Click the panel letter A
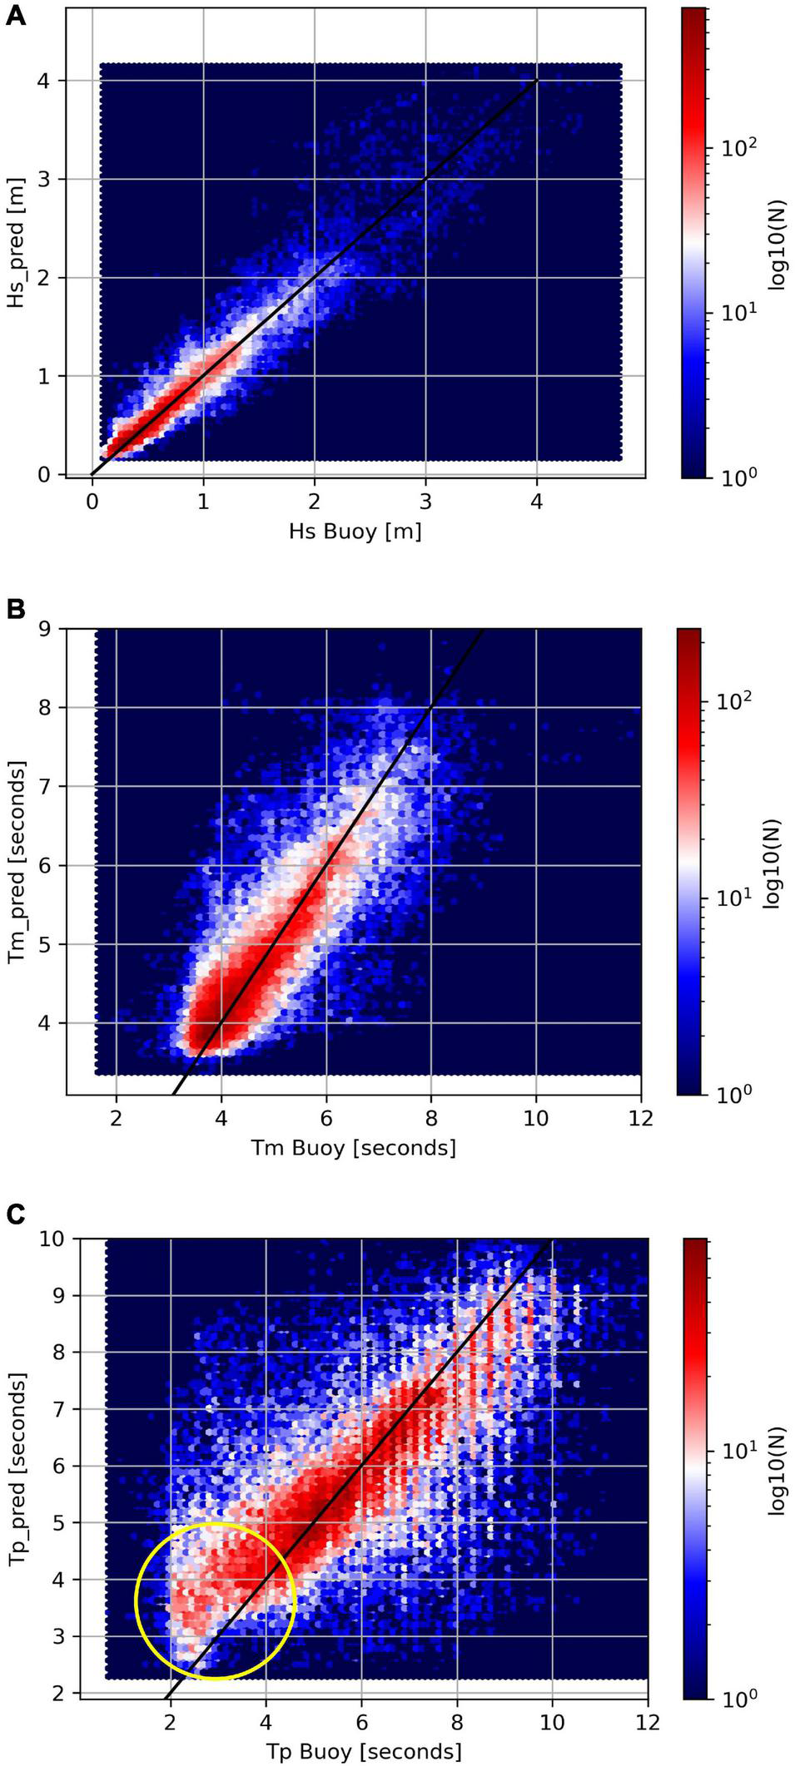pyautogui.click(x=16, y=16)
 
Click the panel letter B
pyautogui.click(x=16, y=609)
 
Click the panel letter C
pyautogui.click(x=16, y=1215)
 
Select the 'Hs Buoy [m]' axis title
pyautogui.click(x=355, y=531)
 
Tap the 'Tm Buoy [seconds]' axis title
pyautogui.click(x=354, y=1148)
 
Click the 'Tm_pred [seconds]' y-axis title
pyautogui.click(x=16, y=863)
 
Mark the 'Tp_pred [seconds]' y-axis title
pyautogui.click(x=16, y=1468)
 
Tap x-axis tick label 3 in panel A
pyautogui.click(x=425, y=502)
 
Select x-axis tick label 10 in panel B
pyautogui.click(x=536, y=1119)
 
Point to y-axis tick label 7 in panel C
pyautogui.click(x=54, y=1409)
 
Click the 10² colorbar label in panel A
pyautogui.click(x=736, y=148)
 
